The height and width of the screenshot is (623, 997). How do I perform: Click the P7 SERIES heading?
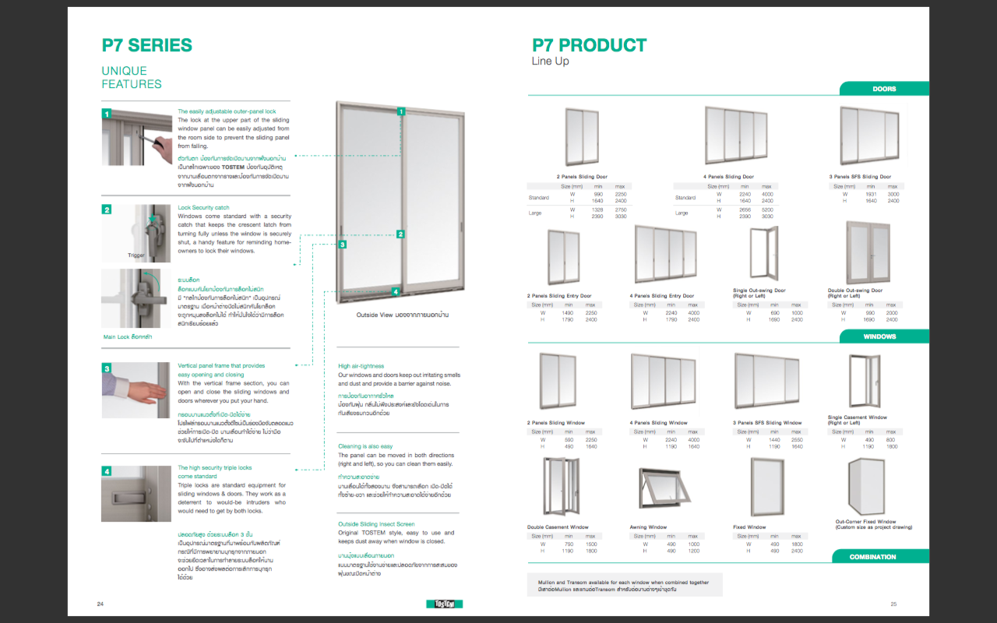(x=146, y=45)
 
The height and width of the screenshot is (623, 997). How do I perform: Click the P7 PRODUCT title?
(x=589, y=45)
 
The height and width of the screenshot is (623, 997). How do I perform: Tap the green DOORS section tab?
(x=884, y=89)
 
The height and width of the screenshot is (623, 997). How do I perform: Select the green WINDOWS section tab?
(x=879, y=336)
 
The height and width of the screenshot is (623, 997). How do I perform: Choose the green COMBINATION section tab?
(x=872, y=557)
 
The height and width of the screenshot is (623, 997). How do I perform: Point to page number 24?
(x=100, y=604)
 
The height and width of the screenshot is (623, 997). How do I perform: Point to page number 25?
(x=893, y=604)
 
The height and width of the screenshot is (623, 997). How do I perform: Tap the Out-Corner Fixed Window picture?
(x=864, y=487)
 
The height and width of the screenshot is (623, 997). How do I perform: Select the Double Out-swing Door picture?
(x=868, y=253)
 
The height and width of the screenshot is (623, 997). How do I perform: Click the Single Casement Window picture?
(x=864, y=382)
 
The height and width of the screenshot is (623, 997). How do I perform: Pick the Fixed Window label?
(x=749, y=527)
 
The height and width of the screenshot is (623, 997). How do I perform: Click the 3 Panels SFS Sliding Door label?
(x=860, y=177)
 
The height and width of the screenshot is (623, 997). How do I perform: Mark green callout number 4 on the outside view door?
(x=396, y=292)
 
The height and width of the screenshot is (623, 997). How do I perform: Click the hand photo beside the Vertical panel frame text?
(x=136, y=389)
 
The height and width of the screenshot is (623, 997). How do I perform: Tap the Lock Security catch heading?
(x=203, y=208)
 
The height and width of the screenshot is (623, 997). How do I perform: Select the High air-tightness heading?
(x=361, y=366)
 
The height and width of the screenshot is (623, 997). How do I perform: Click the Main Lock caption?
(x=128, y=337)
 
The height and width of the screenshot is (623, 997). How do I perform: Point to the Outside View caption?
(x=395, y=315)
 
